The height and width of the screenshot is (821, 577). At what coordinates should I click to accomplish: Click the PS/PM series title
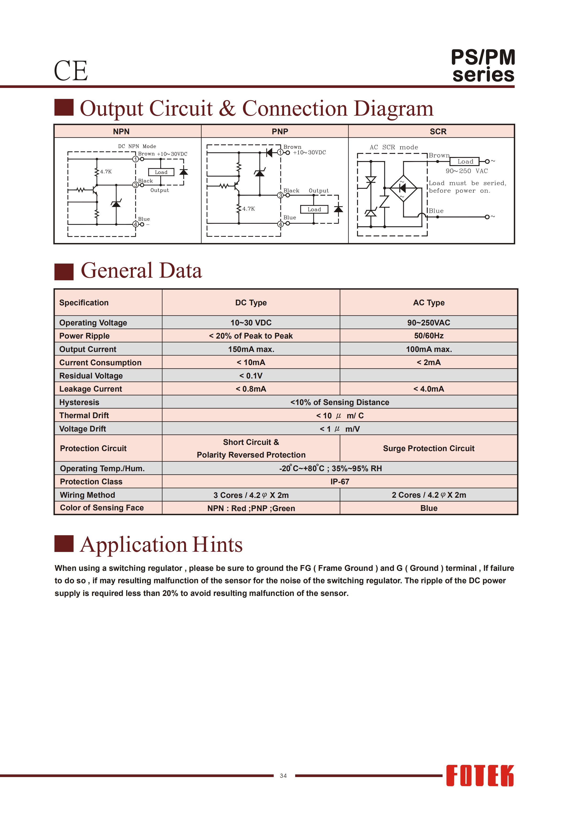click(x=483, y=66)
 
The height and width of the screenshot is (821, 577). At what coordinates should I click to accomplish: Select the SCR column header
click(x=438, y=132)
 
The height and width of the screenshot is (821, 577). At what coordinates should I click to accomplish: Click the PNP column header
click(x=280, y=132)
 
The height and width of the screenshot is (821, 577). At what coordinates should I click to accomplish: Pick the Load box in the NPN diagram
click(x=161, y=172)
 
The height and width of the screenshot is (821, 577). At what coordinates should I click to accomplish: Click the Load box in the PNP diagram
click(x=314, y=209)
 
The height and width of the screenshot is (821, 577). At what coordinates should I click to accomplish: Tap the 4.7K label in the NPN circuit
click(x=106, y=172)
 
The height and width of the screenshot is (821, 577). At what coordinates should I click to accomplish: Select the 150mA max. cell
click(x=251, y=349)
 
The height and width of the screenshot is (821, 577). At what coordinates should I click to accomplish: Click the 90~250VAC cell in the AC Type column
click(x=429, y=323)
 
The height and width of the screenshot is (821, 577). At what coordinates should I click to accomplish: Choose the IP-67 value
click(x=340, y=482)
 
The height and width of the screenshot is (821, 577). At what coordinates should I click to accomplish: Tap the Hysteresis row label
click(x=79, y=402)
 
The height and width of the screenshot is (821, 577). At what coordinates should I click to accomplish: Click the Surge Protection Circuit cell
click(x=429, y=448)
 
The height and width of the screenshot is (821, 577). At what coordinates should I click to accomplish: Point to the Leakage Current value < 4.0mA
click(x=429, y=389)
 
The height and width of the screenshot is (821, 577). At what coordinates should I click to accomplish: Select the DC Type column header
click(x=251, y=302)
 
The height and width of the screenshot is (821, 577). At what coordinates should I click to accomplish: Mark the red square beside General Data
click(x=64, y=271)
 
